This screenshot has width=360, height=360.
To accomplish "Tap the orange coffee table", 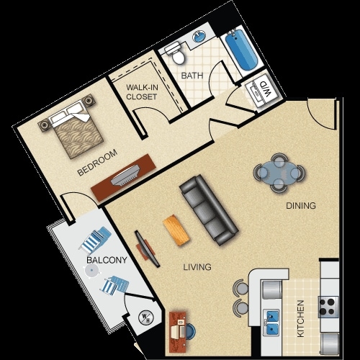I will [176, 231].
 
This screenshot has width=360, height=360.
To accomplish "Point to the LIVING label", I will [197, 267].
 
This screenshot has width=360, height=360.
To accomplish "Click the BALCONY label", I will [107, 260].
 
